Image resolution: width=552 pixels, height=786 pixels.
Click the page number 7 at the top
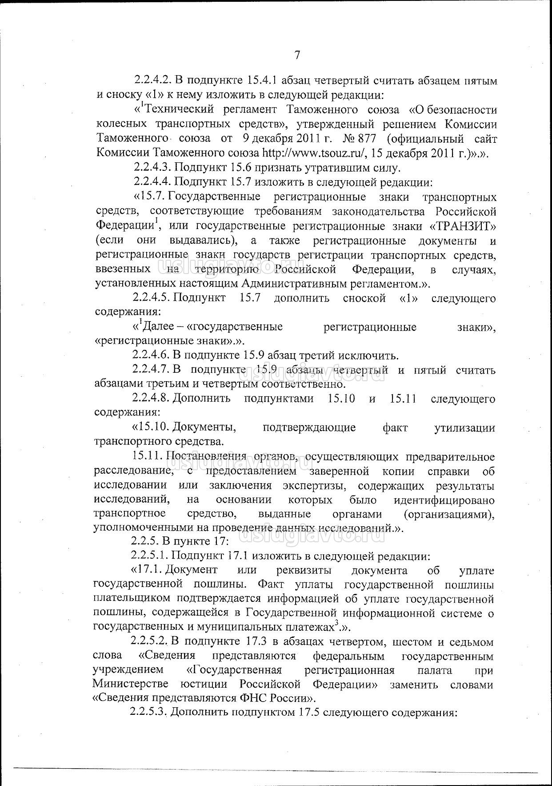[297, 56]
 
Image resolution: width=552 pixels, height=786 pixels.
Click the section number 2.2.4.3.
[152, 168]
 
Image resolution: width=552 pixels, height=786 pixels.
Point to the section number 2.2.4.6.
[151, 355]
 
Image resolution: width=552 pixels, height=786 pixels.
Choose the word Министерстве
[124, 683]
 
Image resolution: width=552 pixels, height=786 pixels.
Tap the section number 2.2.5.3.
[148, 712]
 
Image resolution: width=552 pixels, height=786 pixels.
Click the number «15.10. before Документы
[150, 428]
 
